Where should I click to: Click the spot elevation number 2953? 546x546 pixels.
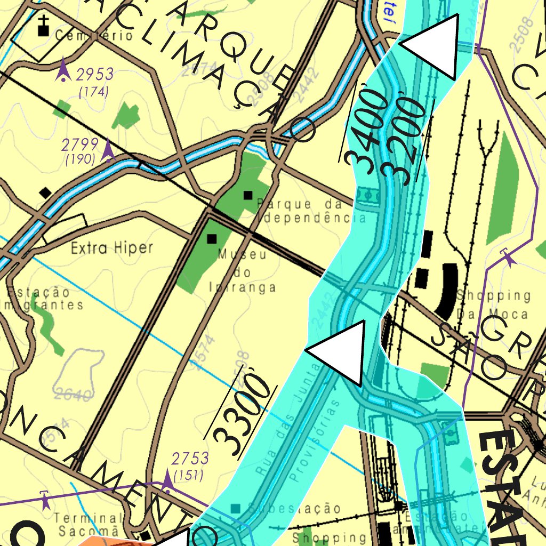[x=94, y=74]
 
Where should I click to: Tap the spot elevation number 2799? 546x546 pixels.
[x=79, y=144]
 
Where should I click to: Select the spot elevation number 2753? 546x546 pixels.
[x=190, y=459]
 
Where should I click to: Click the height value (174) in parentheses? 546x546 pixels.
[x=93, y=92]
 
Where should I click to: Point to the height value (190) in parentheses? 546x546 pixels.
[x=80, y=158]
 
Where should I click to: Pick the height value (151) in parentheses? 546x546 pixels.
[x=189, y=475]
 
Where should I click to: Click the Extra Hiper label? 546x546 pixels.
[x=112, y=248]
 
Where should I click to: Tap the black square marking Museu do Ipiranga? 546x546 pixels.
[x=212, y=238]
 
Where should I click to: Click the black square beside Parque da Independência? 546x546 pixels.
[x=247, y=195]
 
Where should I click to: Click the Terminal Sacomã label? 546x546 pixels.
[x=89, y=524]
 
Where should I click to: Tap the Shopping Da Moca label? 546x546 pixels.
[x=494, y=303]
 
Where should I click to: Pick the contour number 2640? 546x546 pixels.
[x=73, y=395]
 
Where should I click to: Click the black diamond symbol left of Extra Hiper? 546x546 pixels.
[x=46, y=192]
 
